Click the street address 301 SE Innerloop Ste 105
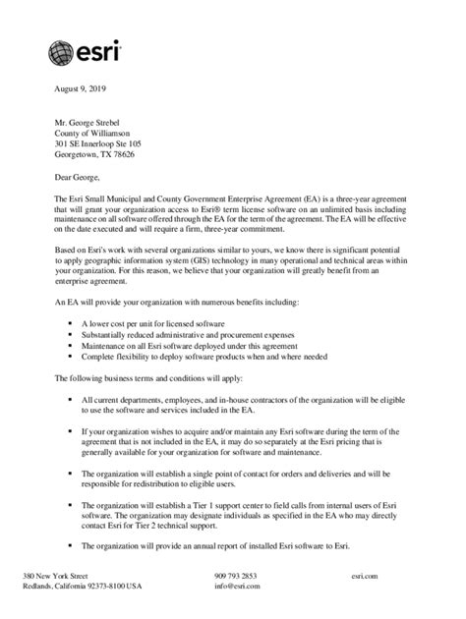[x=105, y=143]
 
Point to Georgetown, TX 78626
[x=95, y=155]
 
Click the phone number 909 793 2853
[x=235, y=575]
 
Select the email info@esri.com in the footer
[x=236, y=587]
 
